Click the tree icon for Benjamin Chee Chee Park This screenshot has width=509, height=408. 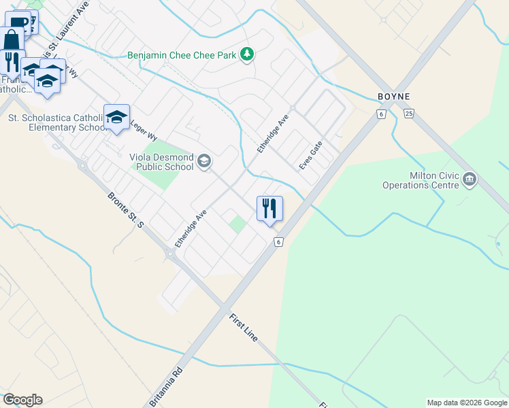tap(247, 54)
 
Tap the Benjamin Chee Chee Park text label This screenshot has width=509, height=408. tap(182, 54)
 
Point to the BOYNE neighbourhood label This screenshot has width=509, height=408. tap(395, 97)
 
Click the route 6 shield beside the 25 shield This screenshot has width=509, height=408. tap(382, 114)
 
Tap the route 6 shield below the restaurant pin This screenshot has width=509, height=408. tap(278, 241)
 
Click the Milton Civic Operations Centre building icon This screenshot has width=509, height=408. tap(469, 180)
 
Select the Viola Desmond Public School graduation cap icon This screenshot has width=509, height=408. tap(204, 162)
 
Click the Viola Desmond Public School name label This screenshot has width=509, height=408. tap(161, 162)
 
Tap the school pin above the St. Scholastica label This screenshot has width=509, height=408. tap(116, 118)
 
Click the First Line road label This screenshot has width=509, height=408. tap(244, 328)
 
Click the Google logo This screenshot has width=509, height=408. tap(22, 400)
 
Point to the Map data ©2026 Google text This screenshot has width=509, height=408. tap(466, 403)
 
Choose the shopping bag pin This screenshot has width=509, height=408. tap(12, 41)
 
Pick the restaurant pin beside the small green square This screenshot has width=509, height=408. tap(269, 208)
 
